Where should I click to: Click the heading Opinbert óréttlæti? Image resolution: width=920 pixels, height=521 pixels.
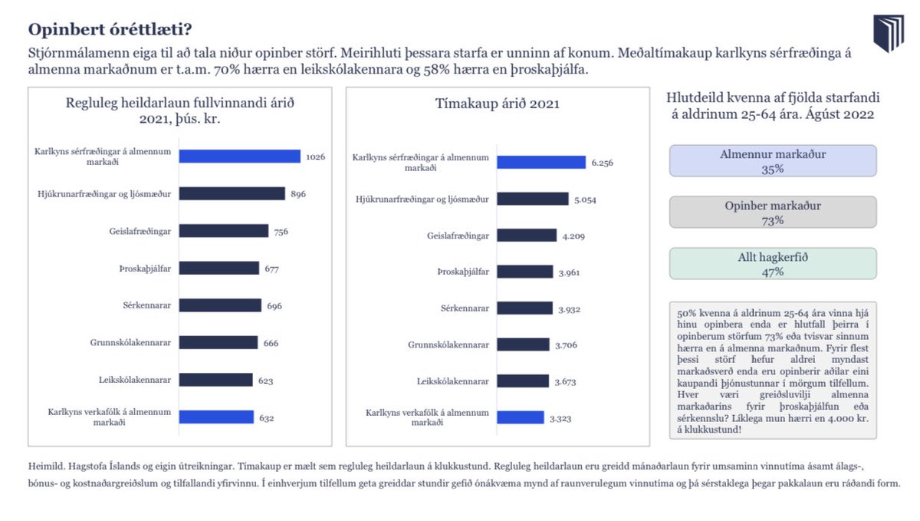point(110,30)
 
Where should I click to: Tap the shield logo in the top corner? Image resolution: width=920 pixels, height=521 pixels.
point(889,35)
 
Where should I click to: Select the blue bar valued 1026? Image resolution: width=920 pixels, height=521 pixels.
point(239,157)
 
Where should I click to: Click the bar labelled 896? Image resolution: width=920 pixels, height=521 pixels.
point(232,194)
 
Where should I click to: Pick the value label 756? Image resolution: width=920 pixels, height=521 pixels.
point(281,231)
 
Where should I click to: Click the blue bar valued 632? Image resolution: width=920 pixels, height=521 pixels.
point(216,417)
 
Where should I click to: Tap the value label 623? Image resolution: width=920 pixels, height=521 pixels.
point(265,380)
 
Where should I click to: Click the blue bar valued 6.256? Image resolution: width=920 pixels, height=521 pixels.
point(540,162)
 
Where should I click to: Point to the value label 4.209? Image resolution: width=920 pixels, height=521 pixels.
point(573,236)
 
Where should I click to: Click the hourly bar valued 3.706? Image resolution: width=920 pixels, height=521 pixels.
point(523,345)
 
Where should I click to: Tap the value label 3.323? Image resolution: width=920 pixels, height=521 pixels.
point(560,418)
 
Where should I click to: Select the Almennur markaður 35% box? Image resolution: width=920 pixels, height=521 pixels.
point(773,161)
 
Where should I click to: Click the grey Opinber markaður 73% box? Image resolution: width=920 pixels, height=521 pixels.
point(773,213)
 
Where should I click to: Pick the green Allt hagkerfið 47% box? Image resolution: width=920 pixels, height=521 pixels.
point(773,264)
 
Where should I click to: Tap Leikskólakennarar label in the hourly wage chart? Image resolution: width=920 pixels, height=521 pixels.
point(451,381)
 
